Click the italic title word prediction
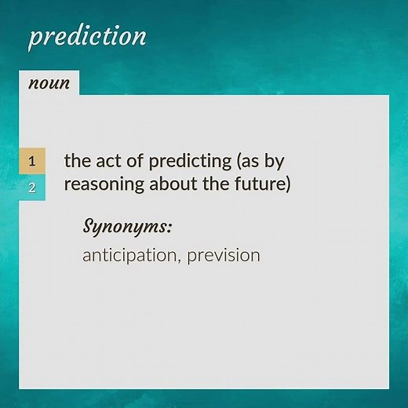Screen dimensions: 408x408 (x=87, y=36)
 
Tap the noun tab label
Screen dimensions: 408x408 (x=49, y=83)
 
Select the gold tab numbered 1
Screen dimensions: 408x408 (x=32, y=162)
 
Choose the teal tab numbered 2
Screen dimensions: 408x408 (x=32, y=188)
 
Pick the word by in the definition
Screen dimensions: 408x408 (x=275, y=162)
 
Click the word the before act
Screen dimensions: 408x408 (x=76, y=161)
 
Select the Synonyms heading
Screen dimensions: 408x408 (x=126, y=227)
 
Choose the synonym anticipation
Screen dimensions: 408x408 (x=130, y=257)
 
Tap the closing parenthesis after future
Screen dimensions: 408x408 (x=288, y=186)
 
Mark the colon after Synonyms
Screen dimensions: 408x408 (x=169, y=228)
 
